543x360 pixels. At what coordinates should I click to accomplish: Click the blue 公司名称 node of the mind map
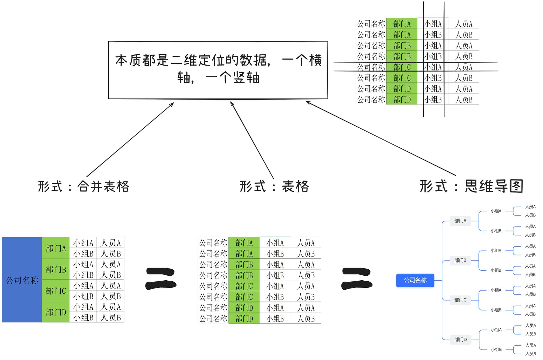pos(415,280)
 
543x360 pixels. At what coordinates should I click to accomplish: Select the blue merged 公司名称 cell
pos(22,280)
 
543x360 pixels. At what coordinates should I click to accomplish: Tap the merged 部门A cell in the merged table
pos(56,248)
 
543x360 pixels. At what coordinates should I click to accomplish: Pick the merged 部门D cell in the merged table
pos(56,312)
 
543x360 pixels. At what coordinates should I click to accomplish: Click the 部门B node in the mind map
pos(460,260)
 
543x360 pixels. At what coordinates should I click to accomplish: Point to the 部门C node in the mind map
pos(460,300)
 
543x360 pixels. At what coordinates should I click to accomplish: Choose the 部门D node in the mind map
pos(460,339)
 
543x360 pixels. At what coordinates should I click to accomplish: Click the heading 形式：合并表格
pos(83,186)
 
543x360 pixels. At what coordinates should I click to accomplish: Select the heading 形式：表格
pos(274,186)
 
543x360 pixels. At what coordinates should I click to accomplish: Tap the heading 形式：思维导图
pos(471,186)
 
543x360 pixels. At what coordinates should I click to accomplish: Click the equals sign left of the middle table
pos(161,279)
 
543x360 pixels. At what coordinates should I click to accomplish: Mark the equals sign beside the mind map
pos(357,279)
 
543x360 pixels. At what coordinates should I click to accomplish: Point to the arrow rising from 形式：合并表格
pos(130,140)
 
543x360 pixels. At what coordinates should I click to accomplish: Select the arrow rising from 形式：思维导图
pos(380,138)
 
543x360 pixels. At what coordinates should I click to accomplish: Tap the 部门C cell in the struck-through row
pos(402,67)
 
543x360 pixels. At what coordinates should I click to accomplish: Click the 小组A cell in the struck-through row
pos(433,67)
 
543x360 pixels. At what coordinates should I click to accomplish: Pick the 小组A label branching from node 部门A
pos(496,211)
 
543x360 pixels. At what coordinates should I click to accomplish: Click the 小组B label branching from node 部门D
pos(496,349)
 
